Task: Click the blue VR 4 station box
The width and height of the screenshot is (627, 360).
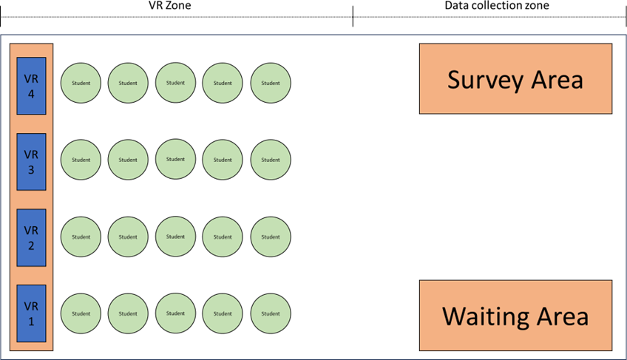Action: [x=31, y=86]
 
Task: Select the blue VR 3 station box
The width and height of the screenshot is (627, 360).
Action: [x=31, y=162]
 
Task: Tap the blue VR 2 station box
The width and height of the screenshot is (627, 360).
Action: [x=31, y=237]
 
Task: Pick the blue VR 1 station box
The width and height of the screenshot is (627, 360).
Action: [x=31, y=313]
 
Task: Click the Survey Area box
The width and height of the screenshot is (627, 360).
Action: [x=515, y=79]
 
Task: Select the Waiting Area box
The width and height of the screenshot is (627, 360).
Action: [x=515, y=315]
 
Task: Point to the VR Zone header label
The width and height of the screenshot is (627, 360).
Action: [x=169, y=5]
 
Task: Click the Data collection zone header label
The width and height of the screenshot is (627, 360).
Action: [x=497, y=5]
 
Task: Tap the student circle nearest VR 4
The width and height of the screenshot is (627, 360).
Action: [x=81, y=83]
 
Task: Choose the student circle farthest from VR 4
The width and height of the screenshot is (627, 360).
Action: [x=271, y=83]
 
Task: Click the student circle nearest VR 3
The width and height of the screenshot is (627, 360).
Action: [x=81, y=160]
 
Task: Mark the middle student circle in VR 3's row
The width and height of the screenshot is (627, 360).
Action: [x=175, y=159]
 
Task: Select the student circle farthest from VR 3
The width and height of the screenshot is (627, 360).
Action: [x=271, y=160]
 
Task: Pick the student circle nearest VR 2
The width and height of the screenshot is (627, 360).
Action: [x=81, y=237]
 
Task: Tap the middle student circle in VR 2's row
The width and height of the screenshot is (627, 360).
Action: [x=175, y=237]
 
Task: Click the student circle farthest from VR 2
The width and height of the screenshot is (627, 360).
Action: [x=271, y=237]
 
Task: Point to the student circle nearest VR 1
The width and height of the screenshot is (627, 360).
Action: [x=81, y=313]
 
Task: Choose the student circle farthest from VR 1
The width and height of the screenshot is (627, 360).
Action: [x=271, y=313]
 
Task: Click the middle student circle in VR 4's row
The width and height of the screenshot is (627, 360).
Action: [x=175, y=82]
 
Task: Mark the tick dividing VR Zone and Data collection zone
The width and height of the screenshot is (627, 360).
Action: [x=353, y=16]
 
